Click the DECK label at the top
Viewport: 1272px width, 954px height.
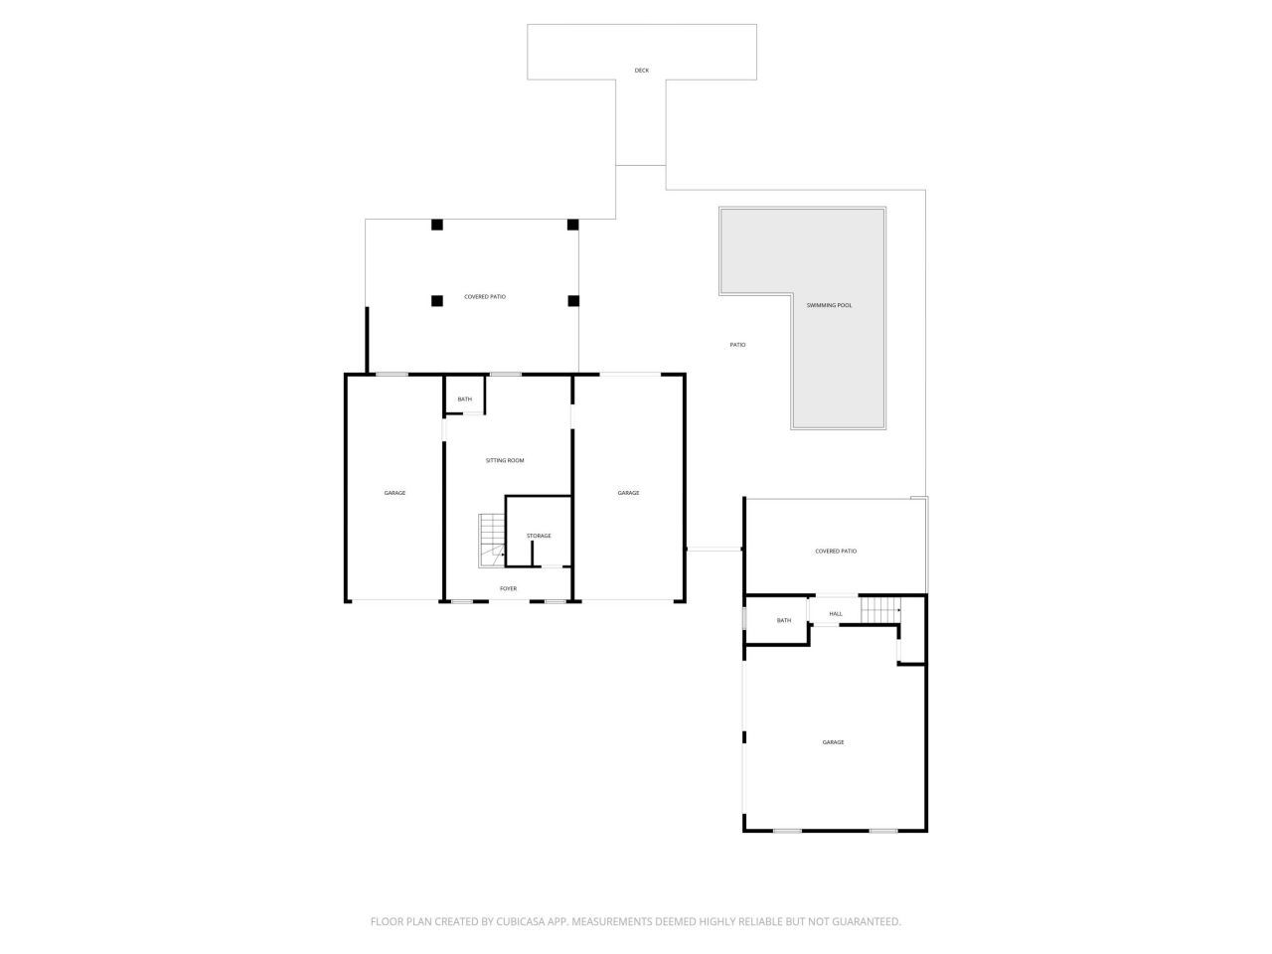point(641,71)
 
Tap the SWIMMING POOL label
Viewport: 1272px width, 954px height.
point(829,305)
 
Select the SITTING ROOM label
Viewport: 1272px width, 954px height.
point(505,460)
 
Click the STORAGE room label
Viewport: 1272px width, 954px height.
point(539,536)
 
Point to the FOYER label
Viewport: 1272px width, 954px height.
point(508,588)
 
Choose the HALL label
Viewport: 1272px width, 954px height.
point(836,613)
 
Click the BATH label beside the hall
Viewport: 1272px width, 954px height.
point(784,620)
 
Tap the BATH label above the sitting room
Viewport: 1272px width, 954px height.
point(464,399)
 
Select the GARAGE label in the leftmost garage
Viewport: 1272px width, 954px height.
point(395,493)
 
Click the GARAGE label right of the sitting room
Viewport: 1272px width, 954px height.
point(628,493)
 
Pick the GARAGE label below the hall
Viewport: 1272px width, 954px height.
point(833,742)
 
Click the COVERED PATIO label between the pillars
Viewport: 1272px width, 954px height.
point(485,296)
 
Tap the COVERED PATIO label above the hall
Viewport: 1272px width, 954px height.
point(836,551)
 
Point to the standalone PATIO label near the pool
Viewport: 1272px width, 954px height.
point(737,345)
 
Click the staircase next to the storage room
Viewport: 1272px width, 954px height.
point(492,541)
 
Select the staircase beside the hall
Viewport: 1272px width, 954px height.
point(879,610)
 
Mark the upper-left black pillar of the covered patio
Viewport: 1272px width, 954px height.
point(436,225)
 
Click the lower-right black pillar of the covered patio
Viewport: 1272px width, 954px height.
point(572,300)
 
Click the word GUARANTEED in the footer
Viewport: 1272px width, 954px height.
point(856,921)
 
